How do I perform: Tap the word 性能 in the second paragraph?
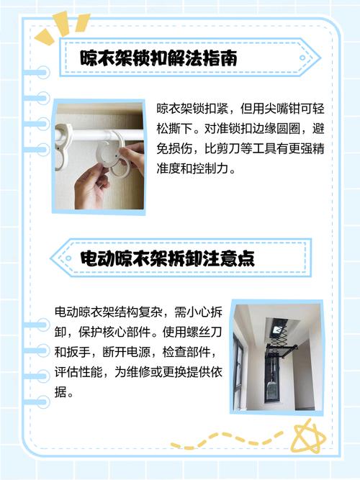tap(88, 373)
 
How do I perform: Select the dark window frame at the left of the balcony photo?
tap(238, 367)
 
